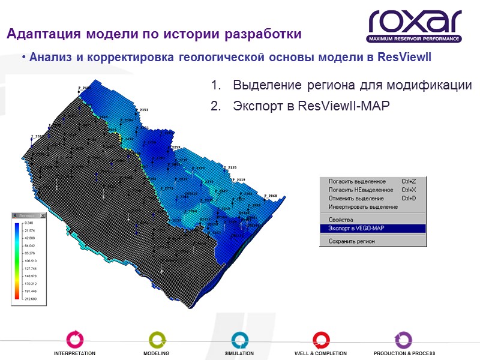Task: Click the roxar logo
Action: pos(415,25)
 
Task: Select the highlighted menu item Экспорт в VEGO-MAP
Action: pos(357,228)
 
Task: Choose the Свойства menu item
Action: pos(341,220)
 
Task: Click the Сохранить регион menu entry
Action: pos(352,241)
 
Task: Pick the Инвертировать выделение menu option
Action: pos(363,206)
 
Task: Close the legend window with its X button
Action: pos(43,215)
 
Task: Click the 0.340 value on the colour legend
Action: pos(29,223)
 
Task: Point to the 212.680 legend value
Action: pos(30,298)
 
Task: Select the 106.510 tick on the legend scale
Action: pos(30,261)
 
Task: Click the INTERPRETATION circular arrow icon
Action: pos(74,338)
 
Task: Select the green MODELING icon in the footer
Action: pos(156,338)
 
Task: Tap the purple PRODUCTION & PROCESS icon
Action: pos(404,338)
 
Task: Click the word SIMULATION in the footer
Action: pos(239,353)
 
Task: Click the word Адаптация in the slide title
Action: pos(40,34)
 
